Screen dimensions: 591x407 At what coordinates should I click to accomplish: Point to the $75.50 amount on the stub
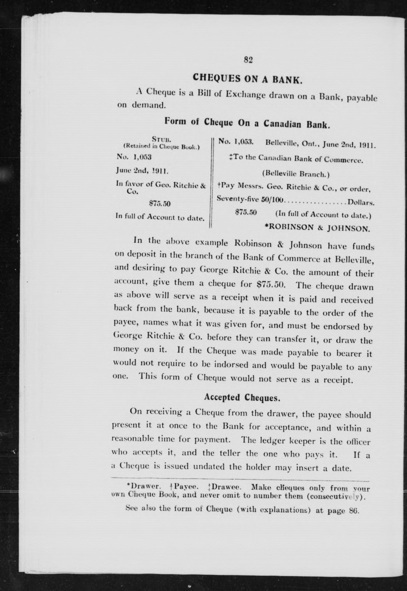[x=160, y=204]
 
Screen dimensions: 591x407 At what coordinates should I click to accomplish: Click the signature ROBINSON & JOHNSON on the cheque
[x=317, y=228]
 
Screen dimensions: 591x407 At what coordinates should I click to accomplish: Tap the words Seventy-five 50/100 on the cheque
[x=250, y=199]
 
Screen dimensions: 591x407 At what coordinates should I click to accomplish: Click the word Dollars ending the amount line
[x=361, y=203]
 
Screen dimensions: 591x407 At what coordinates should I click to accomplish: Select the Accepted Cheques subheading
[x=242, y=398]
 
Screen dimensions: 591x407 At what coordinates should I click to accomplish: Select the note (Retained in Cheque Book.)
[x=161, y=146]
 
